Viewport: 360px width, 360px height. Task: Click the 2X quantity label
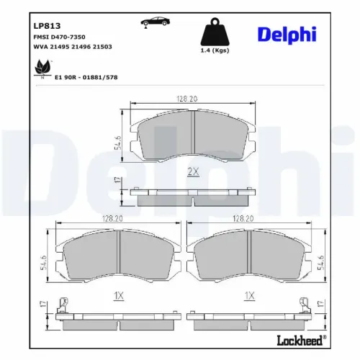[x=193, y=171]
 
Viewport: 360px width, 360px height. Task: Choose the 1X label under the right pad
[x=250, y=295]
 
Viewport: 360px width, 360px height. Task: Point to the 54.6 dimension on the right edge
[x=321, y=257]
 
